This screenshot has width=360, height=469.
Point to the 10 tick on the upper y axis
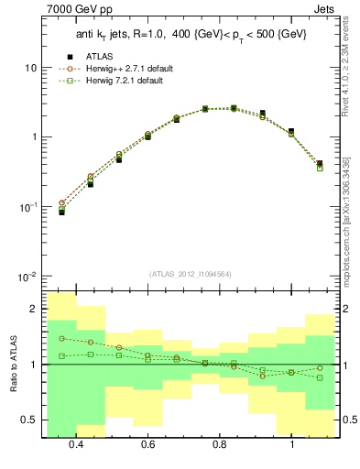33,68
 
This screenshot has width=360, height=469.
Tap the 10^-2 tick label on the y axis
28,277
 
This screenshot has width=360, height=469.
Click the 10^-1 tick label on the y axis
28,207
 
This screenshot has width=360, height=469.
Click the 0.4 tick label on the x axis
76,445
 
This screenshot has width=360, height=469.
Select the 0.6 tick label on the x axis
147,445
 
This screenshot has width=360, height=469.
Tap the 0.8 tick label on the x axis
220,445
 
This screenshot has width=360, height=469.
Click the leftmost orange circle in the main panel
61,202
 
